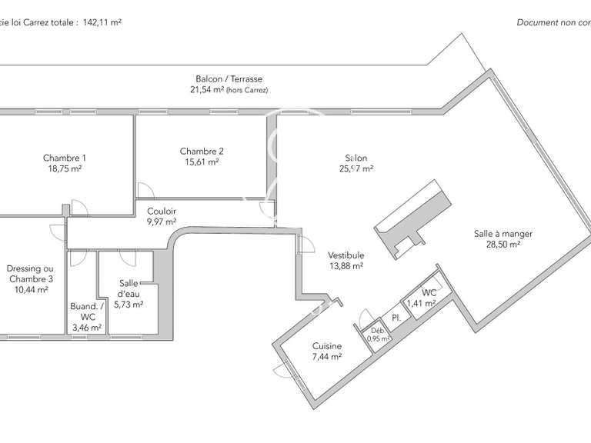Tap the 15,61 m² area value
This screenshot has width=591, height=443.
(x=202, y=162)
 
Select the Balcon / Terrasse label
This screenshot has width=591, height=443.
(x=229, y=79)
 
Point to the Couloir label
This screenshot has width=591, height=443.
(x=162, y=212)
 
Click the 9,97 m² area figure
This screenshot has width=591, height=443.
(x=162, y=221)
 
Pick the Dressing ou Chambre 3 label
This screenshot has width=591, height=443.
(x=30, y=274)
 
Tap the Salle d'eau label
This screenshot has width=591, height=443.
(x=128, y=288)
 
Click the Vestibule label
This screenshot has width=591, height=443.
(x=346, y=255)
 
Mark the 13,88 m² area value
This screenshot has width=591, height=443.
(x=346, y=265)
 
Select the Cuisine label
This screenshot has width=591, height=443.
(x=327, y=346)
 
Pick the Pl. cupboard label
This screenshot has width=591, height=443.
(x=396, y=318)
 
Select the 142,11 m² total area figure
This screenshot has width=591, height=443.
(x=102, y=22)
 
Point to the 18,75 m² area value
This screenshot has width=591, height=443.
(x=65, y=168)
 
